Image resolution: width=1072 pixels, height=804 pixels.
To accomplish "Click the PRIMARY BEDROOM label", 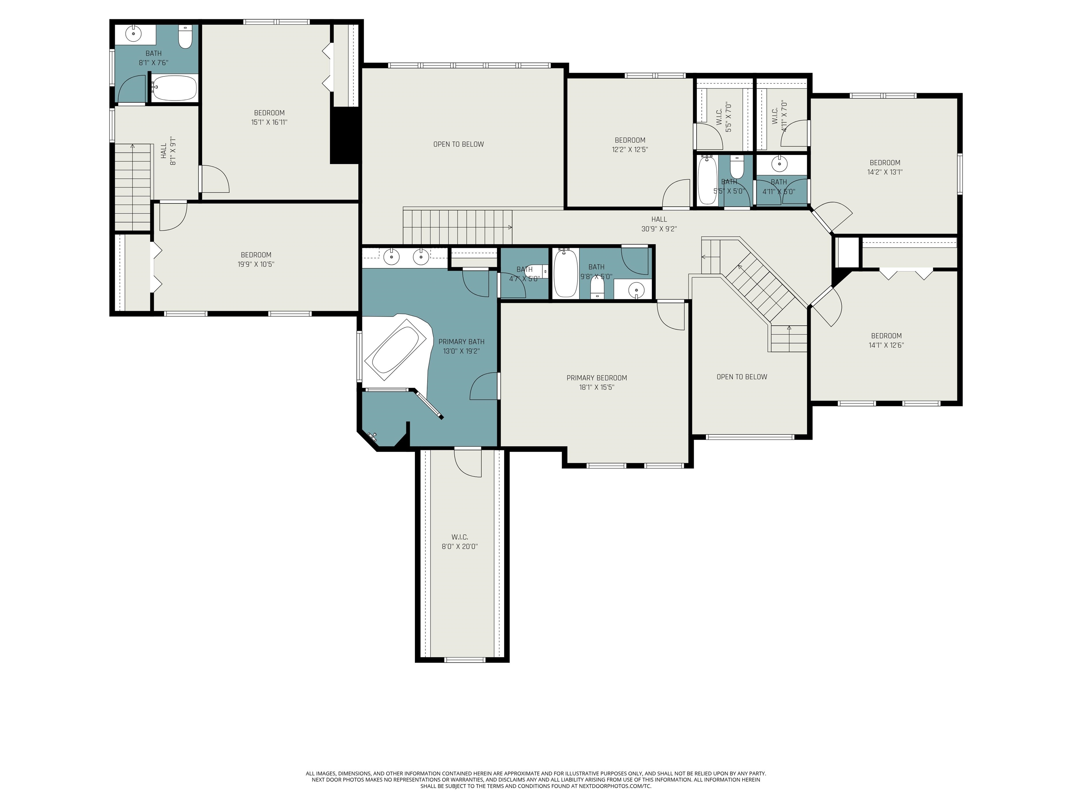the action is coord(597,378).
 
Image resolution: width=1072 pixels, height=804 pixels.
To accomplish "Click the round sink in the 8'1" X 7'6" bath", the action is coord(133,34).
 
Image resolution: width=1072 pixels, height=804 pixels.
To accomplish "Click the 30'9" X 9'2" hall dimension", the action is coord(659,229).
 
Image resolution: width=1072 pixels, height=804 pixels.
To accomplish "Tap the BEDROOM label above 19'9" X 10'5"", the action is coord(256,255).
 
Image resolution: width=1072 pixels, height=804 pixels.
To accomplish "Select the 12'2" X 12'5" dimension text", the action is coord(630,150).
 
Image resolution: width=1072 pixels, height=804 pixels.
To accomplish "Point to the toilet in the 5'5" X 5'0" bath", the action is coord(737,167).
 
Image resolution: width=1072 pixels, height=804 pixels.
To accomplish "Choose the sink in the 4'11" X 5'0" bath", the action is coord(779,164).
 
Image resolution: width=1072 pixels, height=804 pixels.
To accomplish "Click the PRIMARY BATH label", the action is coord(461,342).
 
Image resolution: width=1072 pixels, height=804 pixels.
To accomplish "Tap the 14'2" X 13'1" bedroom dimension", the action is coord(885,172).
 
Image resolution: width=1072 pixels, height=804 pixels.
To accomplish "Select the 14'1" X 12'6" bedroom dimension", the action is coord(886,345).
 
